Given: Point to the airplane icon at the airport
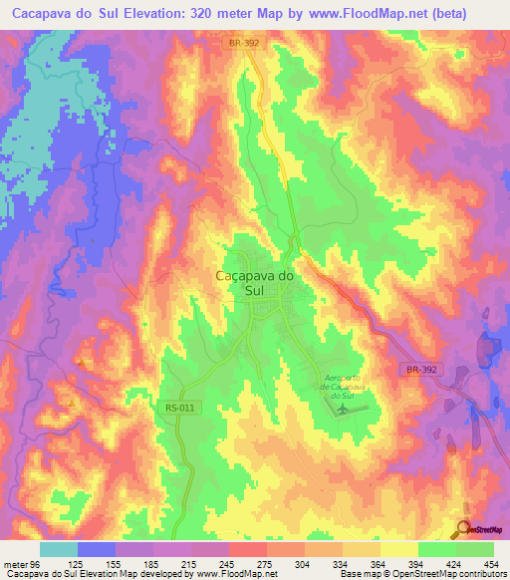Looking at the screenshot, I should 345,409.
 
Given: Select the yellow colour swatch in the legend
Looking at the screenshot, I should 398,549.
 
